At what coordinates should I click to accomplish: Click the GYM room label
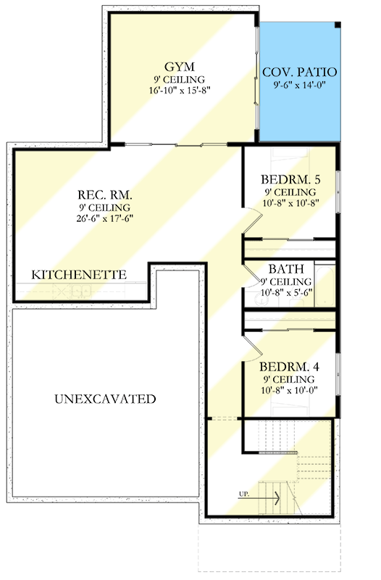coord(179,67)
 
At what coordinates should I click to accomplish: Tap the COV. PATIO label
coord(300,72)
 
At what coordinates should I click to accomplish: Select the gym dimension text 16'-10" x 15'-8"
coord(180,90)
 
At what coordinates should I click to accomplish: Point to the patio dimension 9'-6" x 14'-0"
coord(299,85)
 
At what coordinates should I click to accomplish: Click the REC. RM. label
coord(104,194)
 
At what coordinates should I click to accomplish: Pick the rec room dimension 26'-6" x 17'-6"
coord(104,218)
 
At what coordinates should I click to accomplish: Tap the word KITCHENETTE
coord(79,275)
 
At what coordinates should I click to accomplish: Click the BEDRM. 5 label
coord(290,180)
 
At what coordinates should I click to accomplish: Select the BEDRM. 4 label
coord(289,367)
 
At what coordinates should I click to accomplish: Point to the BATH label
coord(286,269)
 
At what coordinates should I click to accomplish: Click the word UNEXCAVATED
coord(105,399)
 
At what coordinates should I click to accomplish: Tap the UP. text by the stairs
coord(243,494)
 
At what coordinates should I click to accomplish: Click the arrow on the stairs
coord(259,498)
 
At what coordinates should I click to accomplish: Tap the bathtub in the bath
coord(325,285)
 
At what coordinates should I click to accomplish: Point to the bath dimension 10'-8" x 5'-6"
coord(287,292)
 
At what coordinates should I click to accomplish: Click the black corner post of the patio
coord(338,25)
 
